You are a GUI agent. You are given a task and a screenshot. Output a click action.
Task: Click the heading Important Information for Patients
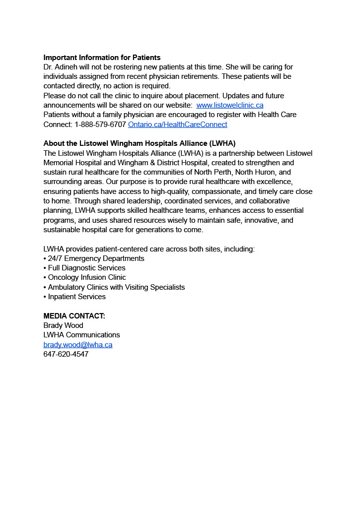click(102, 58)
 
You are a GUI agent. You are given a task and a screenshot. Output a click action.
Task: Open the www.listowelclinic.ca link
click(230, 105)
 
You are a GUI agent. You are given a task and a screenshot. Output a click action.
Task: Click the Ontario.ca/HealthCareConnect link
click(177, 125)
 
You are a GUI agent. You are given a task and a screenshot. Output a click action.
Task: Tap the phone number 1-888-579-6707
click(100, 125)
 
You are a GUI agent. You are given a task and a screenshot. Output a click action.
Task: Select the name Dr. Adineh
click(61, 67)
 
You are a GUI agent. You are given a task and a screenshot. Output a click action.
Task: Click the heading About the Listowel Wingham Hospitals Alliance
click(140, 143)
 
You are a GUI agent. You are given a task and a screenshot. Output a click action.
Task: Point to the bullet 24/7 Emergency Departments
click(96, 258)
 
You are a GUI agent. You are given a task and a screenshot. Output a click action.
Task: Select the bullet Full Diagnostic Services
click(86, 268)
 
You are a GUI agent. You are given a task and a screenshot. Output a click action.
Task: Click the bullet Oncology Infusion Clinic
click(87, 277)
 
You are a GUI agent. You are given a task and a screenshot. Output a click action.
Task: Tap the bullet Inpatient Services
click(76, 297)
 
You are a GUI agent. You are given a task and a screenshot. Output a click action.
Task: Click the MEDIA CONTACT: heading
click(74, 316)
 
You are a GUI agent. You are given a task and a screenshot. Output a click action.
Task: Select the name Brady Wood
click(64, 325)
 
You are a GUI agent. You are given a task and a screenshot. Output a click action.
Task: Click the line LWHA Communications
click(82, 335)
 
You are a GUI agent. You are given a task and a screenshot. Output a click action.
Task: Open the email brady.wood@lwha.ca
click(78, 345)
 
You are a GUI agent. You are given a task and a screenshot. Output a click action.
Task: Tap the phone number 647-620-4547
click(66, 354)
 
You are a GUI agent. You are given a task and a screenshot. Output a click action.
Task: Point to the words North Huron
click(256, 172)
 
